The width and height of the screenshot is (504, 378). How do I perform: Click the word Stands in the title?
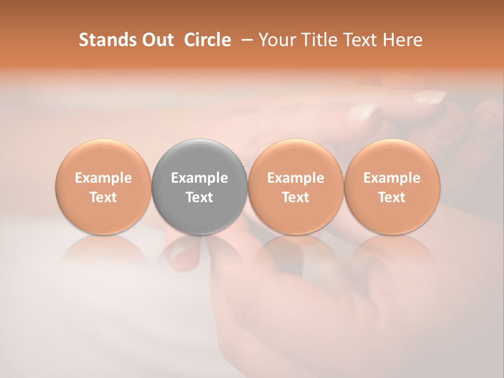click(107, 40)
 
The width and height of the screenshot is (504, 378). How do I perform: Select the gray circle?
click(199, 157)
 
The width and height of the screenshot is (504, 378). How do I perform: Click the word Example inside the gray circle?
click(199, 178)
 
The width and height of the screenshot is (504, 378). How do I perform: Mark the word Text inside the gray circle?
click(199, 197)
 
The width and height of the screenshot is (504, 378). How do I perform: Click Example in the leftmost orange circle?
click(103, 178)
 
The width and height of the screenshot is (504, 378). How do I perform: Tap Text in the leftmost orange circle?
click(103, 197)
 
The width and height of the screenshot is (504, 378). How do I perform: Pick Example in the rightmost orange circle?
click(392, 178)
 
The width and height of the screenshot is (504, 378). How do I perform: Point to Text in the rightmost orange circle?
click(392, 197)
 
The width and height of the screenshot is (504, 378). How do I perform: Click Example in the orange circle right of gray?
click(296, 178)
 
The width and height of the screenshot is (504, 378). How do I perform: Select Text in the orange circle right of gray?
click(296, 197)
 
